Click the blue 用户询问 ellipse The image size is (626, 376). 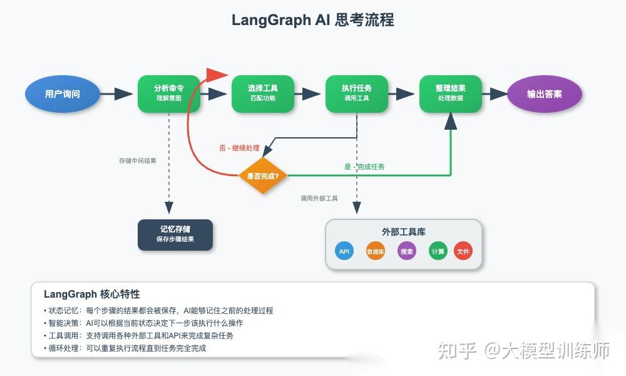(x=63, y=94)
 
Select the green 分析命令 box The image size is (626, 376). (x=169, y=94)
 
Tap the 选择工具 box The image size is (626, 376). (x=263, y=94)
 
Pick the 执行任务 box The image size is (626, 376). (x=357, y=94)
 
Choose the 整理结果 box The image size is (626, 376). (x=451, y=94)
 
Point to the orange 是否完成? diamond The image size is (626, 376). (x=263, y=175)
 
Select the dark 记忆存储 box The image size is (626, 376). (x=175, y=234)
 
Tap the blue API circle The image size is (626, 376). (x=344, y=251)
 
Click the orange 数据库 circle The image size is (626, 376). (x=376, y=251)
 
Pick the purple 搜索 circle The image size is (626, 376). (x=407, y=251)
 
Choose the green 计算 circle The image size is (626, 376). (x=438, y=251)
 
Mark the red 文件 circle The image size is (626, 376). (x=463, y=251)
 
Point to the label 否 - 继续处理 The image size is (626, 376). (x=239, y=148)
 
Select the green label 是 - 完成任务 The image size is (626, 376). (x=364, y=167)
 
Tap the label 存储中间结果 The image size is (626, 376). (x=138, y=160)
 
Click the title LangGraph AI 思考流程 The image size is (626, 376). (x=313, y=20)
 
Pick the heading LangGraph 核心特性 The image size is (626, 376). (x=92, y=294)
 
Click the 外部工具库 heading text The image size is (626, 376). (x=404, y=231)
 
